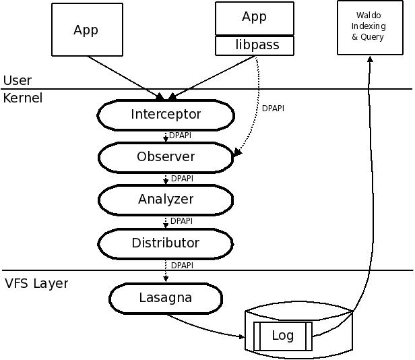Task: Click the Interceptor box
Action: (166, 115)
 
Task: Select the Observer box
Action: (166, 157)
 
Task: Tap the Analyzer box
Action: (166, 199)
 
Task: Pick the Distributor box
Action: (166, 242)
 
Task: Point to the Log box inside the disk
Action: (282, 336)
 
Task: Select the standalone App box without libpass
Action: (86, 30)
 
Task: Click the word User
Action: (18, 81)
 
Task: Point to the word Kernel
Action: (23, 98)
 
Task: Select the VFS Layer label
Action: (36, 283)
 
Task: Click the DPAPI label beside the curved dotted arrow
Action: (273, 108)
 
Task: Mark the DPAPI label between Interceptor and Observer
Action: (181, 136)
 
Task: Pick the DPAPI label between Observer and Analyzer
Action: (183, 179)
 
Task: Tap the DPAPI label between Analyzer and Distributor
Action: (182, 220)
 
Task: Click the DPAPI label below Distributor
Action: (183, 265)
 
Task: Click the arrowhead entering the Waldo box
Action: (369, 59)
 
